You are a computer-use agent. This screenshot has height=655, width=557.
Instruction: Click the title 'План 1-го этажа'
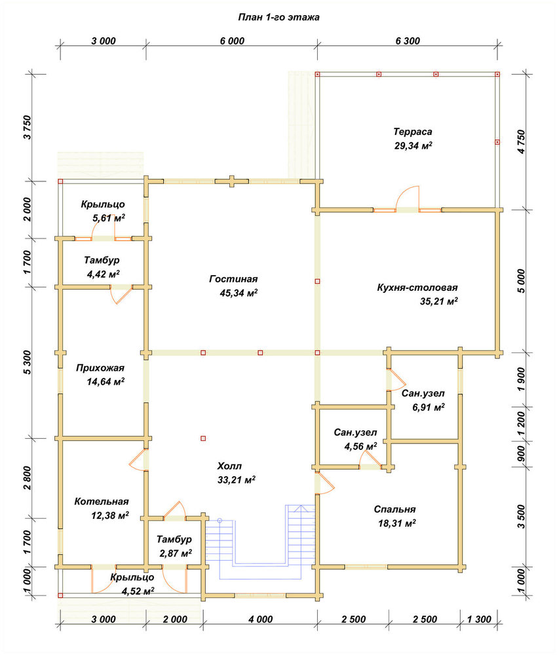(278, 17)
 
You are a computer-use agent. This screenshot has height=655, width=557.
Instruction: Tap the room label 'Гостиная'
(233, 278)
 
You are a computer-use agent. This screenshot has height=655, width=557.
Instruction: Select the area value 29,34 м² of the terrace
(413, 145)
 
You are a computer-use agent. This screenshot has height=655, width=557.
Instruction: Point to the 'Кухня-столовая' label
(417, 288)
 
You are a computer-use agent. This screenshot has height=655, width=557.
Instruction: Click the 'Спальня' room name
(394, 509)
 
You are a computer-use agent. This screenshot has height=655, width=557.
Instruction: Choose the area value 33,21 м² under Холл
(236, 479)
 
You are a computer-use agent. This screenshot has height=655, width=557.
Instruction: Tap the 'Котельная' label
(101, 501)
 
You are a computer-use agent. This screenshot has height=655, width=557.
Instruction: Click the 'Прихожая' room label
(100, 367)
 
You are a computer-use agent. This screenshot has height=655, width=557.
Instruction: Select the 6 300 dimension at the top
(408, 41)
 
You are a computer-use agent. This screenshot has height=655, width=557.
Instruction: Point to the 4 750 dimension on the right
(521, 142)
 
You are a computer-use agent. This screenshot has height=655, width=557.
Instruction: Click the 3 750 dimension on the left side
(27, 127)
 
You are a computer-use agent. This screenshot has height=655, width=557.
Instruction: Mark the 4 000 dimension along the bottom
(260, 619)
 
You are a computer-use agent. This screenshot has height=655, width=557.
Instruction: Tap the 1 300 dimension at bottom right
(479, 619)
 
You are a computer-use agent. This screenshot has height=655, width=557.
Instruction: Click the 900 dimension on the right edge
(521, 454)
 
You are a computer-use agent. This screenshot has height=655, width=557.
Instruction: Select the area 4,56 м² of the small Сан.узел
(360, 447)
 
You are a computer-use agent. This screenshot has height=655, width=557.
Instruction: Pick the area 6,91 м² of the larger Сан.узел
(429, 407)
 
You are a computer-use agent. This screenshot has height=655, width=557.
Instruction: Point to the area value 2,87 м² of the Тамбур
(176, 553)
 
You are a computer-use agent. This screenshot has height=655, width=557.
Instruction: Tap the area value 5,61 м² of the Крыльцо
(109, 218)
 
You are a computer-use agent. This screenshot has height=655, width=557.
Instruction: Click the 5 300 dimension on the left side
(27, 362)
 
